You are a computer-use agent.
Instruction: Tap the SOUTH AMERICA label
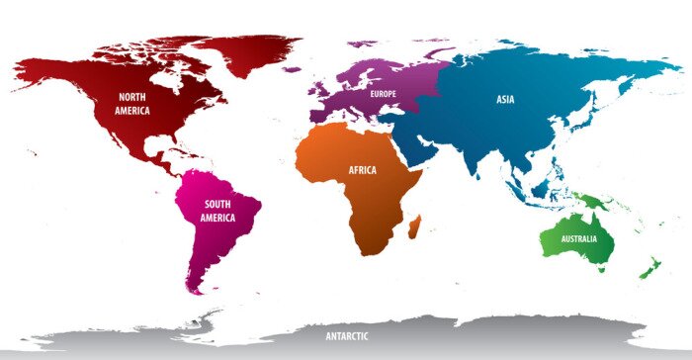(217, 211)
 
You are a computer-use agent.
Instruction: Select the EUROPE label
(383, 94)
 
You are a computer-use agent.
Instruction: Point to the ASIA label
(505, 99)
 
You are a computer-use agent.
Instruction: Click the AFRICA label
(362, 170)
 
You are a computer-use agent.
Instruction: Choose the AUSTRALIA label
(578, 240)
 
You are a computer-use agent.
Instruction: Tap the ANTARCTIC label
(348, 336)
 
